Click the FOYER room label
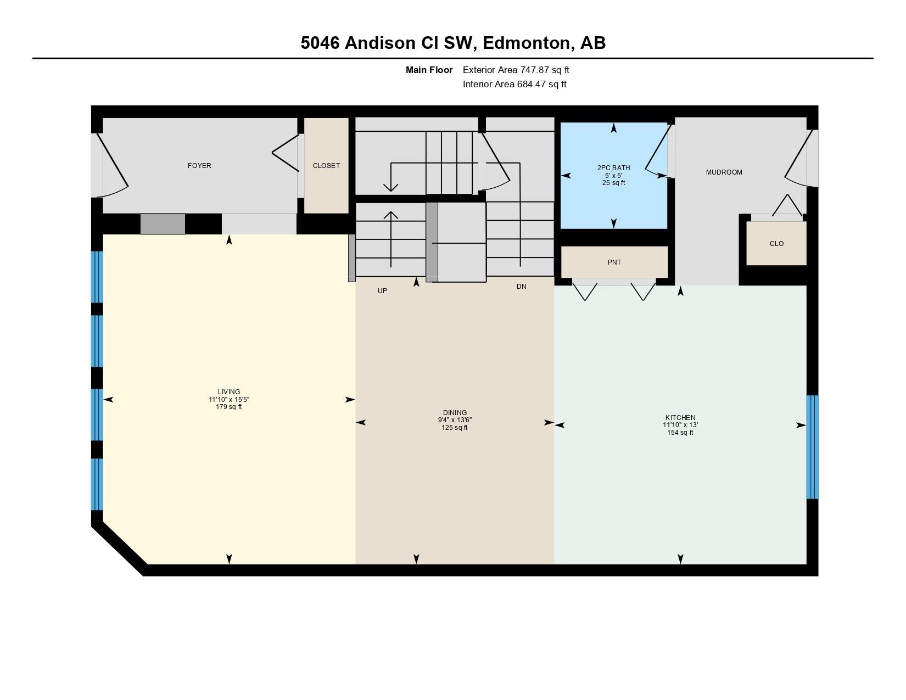(x=199, y=165)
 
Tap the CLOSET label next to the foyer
(x=327, y=165)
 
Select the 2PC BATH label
(x=613, y=167)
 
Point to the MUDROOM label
(x=724, y=172)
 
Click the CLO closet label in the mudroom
(x=776, y=243)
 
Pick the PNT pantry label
(x=614, y=262)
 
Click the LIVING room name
(x=229, y=392)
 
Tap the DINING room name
(x=455, y=413)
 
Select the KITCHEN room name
(x=680, y=418)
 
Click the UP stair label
(x=382, y=291)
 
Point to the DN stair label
(x=521, y=287)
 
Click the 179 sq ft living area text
(x=229, y=407)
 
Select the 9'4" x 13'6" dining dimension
(x=455, y=420)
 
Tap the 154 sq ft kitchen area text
(x=680, y=433)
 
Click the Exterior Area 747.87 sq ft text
(x=516, y=70)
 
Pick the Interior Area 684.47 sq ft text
(x=514, y=84)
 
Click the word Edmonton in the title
(x=527, y=43)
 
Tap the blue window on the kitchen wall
(x=812, y=447)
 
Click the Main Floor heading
(x=429, y=70)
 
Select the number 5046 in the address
(x=320, y=43)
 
